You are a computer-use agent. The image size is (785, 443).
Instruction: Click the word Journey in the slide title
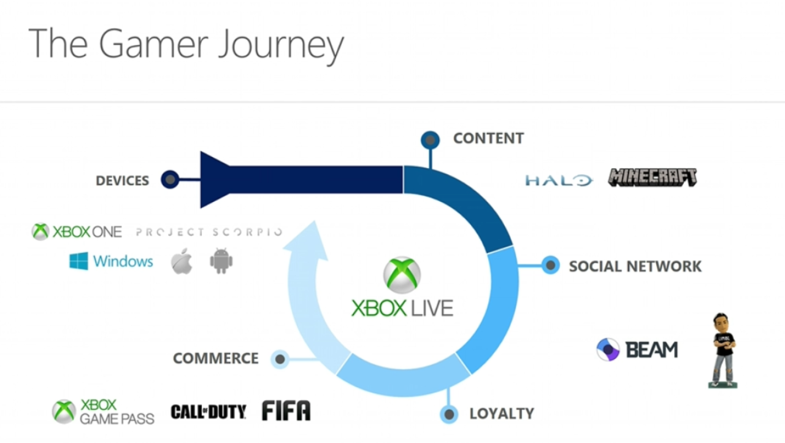click(281, 45)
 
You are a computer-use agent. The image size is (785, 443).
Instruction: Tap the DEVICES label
click(122, 180)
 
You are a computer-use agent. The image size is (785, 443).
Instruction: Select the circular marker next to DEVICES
click(170, 179)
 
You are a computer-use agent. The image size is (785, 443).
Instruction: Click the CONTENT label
click(489, 138)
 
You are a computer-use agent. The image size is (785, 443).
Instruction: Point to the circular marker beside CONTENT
click(431, 140)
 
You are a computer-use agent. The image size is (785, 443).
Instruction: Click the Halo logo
click(559, 180)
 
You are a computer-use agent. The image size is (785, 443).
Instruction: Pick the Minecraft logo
click(653, 177)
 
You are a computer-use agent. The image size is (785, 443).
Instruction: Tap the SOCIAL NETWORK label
click(635, 266)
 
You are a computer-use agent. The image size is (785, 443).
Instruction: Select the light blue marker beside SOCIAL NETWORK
click(551, 265)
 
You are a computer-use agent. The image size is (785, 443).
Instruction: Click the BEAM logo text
click(652, 350)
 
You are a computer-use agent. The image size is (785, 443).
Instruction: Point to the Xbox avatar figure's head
click(722, 323)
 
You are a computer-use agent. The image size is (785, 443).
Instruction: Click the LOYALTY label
click(502, 414)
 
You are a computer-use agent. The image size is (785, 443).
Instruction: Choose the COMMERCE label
click(216, 358)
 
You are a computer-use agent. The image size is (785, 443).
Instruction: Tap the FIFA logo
click(286, 410)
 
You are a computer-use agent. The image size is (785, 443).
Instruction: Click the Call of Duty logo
click(209, 412)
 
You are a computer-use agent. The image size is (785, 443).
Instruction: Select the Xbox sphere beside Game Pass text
click(64, 412)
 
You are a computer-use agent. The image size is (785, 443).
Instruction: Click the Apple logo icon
click(182, 261)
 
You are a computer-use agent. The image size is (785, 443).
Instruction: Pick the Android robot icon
click(221, 261)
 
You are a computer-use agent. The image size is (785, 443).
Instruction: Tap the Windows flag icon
click(78, 261)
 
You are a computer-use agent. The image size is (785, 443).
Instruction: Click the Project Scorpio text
click(209, 232)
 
